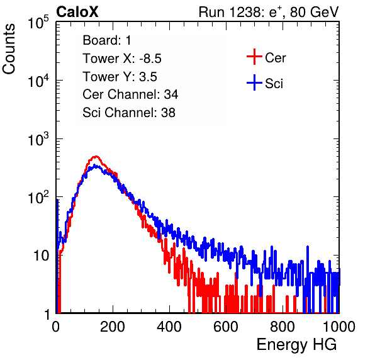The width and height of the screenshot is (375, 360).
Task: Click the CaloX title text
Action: [77, 12]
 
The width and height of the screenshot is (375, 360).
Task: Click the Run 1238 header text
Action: [269, 12]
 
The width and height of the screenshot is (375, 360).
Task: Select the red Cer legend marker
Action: [254, 57]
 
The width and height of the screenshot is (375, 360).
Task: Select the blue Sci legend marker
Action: [254, 82]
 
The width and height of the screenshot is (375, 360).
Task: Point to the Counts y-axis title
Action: [9, 48]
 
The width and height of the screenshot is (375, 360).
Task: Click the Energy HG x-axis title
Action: [296, 345]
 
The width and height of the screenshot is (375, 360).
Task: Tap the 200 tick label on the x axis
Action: [113, 327]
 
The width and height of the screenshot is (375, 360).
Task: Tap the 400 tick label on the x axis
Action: [169, 327]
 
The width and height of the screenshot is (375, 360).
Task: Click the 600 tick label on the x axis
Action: [226, 327]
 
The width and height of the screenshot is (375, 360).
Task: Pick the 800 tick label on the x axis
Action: [283, 327]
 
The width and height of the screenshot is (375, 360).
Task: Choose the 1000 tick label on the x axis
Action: [339, 327]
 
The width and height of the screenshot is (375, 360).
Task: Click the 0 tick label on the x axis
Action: [56, 327]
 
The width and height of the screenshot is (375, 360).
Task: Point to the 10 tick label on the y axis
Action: [42, 256]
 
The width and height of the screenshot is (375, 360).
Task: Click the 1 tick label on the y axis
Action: [47, 315]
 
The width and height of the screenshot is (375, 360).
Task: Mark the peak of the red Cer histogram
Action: [96, 157]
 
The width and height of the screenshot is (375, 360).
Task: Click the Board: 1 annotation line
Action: [107, 40]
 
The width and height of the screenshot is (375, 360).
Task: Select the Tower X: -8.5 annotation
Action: [122, 59]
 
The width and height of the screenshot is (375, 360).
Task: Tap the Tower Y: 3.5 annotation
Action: [120, 77]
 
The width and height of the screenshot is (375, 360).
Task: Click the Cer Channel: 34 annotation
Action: [130, 94]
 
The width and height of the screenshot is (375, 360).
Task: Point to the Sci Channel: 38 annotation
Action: [129, 113]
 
